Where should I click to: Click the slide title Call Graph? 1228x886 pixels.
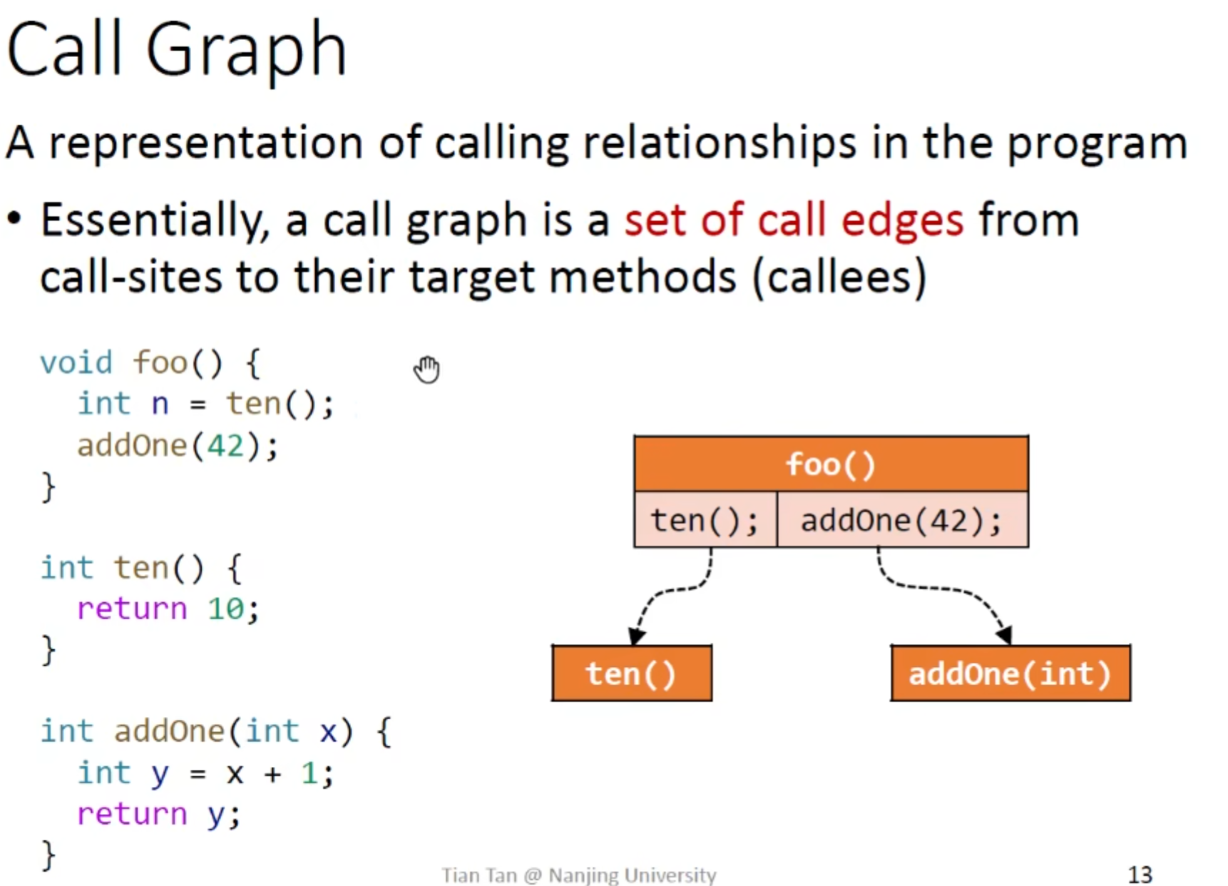(x=176, y=49)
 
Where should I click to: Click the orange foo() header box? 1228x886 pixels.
(x=831, y=464)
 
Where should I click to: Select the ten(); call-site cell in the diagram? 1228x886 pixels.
(x=705, y=519)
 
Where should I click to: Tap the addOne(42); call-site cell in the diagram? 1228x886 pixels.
(x=902, y=519)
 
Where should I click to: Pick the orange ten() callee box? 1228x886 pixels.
(x=631, y=673)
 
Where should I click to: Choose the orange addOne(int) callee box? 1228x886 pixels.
(x=1010, y=673)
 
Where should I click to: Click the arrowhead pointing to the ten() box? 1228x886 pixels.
(x=636, y=636)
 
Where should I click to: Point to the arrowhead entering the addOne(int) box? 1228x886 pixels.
(x=1004, y=635)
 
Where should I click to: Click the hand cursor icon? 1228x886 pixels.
(x=427, y=369)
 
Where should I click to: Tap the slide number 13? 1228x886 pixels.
(x=1140, y=874)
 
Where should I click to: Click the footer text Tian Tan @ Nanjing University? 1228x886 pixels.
(x=578, y=875)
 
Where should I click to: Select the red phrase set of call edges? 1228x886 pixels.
(x=794, y=220)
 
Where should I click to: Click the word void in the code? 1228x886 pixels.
(x=76, y=362)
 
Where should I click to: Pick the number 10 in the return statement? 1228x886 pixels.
(x=225, y=609)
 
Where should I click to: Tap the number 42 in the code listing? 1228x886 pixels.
(x=225, y=446)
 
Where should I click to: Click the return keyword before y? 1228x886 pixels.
(x=132, y=814)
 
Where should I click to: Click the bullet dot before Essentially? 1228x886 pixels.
(x=14, y=219)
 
